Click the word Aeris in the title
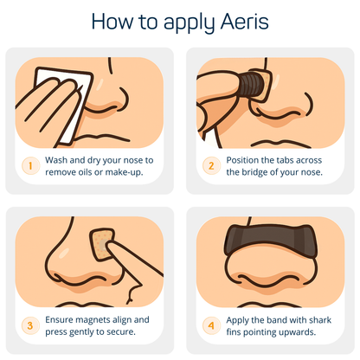(246, 20)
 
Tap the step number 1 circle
(28, 164)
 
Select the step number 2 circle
(209, 164)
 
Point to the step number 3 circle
(28, 326)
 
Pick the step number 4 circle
(209, 326)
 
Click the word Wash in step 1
(58, 159)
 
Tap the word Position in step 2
(247, 159)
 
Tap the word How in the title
(112, 20)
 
